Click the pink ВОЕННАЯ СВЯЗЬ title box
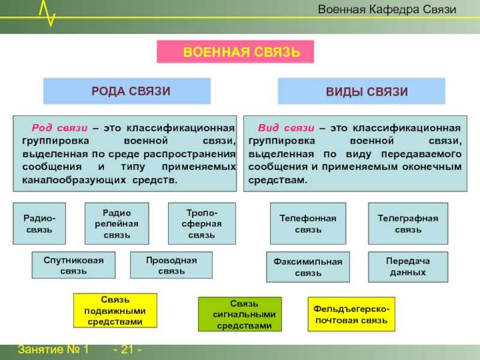pos(235,52)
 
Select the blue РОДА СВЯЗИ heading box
pos(127,91)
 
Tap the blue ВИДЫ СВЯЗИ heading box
pos(361,91)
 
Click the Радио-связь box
pos(39,223)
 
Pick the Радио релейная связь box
pos(116,223)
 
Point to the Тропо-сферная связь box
pos(202,223)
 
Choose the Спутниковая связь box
pos(73,265)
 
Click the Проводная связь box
pos(171,265)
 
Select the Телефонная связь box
pos(308,223)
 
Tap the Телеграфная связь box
pos(407,223)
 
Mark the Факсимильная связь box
pos(308,267)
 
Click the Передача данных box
pos(407,266)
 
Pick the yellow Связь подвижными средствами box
pos(115,310)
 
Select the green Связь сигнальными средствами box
pos(240,314)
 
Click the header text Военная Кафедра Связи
pos(387,10)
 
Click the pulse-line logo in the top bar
pos(47,12)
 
